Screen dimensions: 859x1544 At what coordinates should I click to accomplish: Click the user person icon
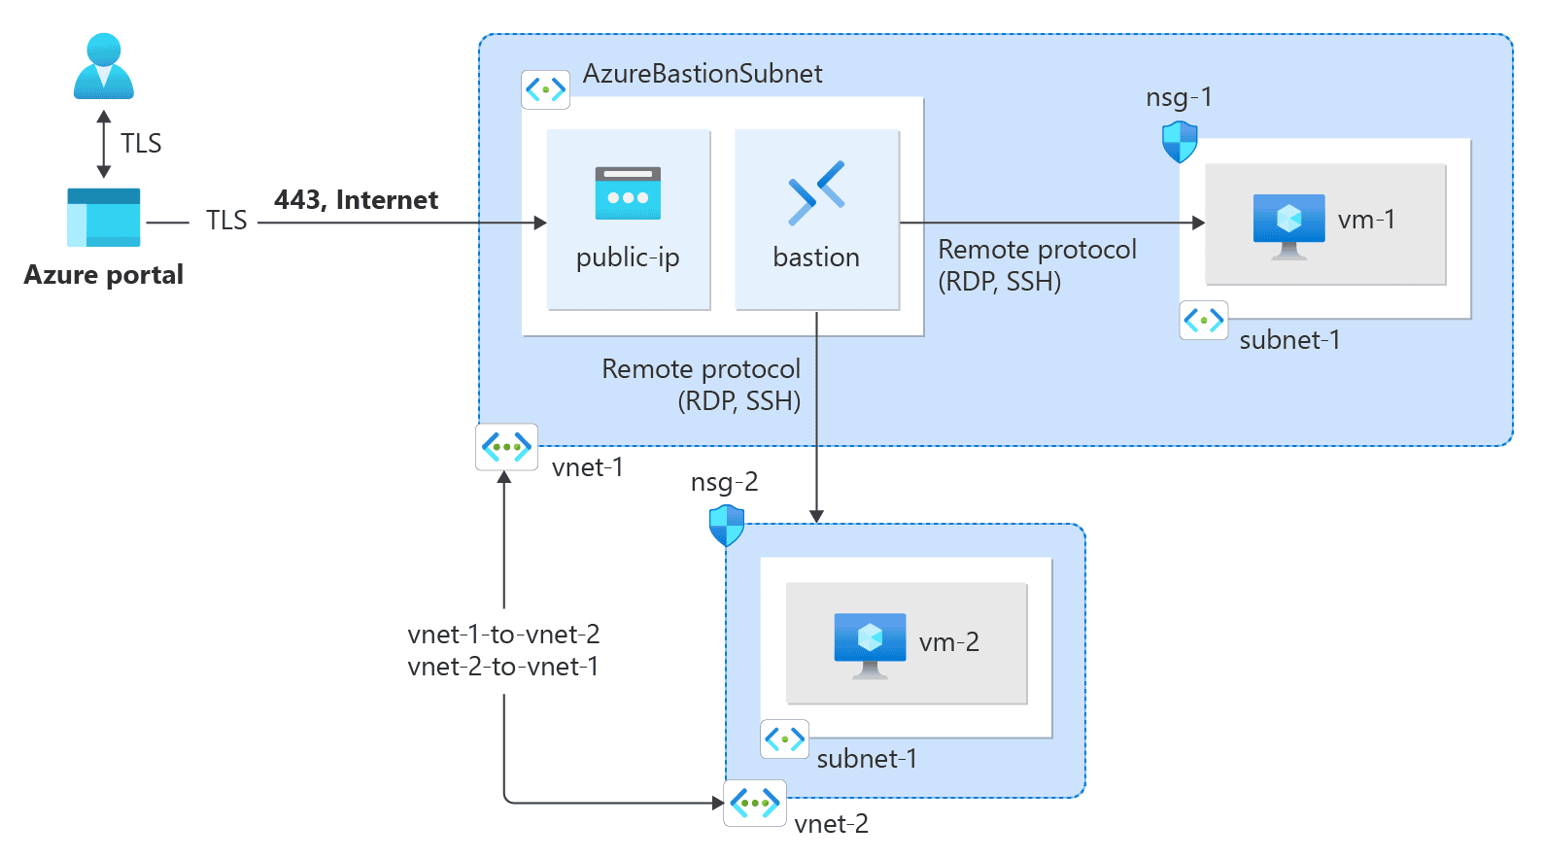pyautogui.click(x=104, y=66)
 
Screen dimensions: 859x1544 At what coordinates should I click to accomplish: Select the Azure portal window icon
pyautogui.click(x=104, y=218)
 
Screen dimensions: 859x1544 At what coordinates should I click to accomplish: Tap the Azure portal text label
pyautogui.click(x=104, y=275)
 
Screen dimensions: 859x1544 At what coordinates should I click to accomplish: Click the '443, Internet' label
pyautogui.click(x=356, y=200)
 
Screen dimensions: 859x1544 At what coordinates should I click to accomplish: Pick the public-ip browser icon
pyautogui.click(x=628, y=193)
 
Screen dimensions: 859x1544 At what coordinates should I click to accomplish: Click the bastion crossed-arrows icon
pyautogui.click(x=816, y=192)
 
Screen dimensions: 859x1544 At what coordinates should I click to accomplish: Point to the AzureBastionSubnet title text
pyautogui.click(x=702, y=74)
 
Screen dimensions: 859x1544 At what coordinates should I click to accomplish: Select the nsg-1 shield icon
pyautogui.click(x=1180, y=142)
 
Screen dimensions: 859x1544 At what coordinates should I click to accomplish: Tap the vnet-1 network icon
pyautogui.click(x=506, y=448)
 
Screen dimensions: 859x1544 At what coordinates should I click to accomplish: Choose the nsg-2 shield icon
pyautogui.click(x=727, y=526)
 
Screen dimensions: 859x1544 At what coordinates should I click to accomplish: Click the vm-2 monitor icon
pyautogui.click(x=870, y=644)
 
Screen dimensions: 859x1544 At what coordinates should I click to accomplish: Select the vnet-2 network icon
pyautogui.click(x=755, y=804)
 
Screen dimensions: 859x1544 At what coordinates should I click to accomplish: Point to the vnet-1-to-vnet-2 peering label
pyautogui.click(x=503, y=635)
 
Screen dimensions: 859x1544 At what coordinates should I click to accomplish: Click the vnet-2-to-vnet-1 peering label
pyautogui.click(x=503, y=667)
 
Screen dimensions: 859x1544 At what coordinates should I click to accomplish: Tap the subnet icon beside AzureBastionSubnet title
pyautogui.click(x=545, y=89)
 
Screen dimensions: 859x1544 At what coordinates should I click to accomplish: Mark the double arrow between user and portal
pyautogui.click(x=104, y=144)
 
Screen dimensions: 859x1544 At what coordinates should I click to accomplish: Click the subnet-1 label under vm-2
pyautogui.click(x=867, y=759)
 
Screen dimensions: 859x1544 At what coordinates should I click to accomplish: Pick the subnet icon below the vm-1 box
pyautogui.click(x=1203, y=320)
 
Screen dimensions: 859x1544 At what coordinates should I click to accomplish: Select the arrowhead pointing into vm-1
pyautogui.click(x=1198, y=223)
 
